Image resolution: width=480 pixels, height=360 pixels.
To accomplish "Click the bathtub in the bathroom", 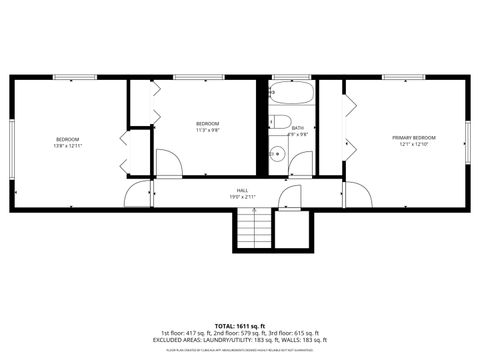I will click(292, 96).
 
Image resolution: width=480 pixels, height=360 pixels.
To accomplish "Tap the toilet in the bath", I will click(273, 123).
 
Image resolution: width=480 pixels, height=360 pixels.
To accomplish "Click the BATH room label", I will click(298, 128).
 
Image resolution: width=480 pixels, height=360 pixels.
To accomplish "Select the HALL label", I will click(242, 190).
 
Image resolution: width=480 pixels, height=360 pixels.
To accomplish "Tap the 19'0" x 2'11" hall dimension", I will click(242, 197).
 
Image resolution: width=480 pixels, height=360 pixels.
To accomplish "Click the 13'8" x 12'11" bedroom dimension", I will click(67, 146).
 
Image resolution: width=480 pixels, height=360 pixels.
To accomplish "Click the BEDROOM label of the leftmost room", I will click(67, 138).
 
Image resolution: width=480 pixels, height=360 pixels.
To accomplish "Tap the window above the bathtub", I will click(292, 77).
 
